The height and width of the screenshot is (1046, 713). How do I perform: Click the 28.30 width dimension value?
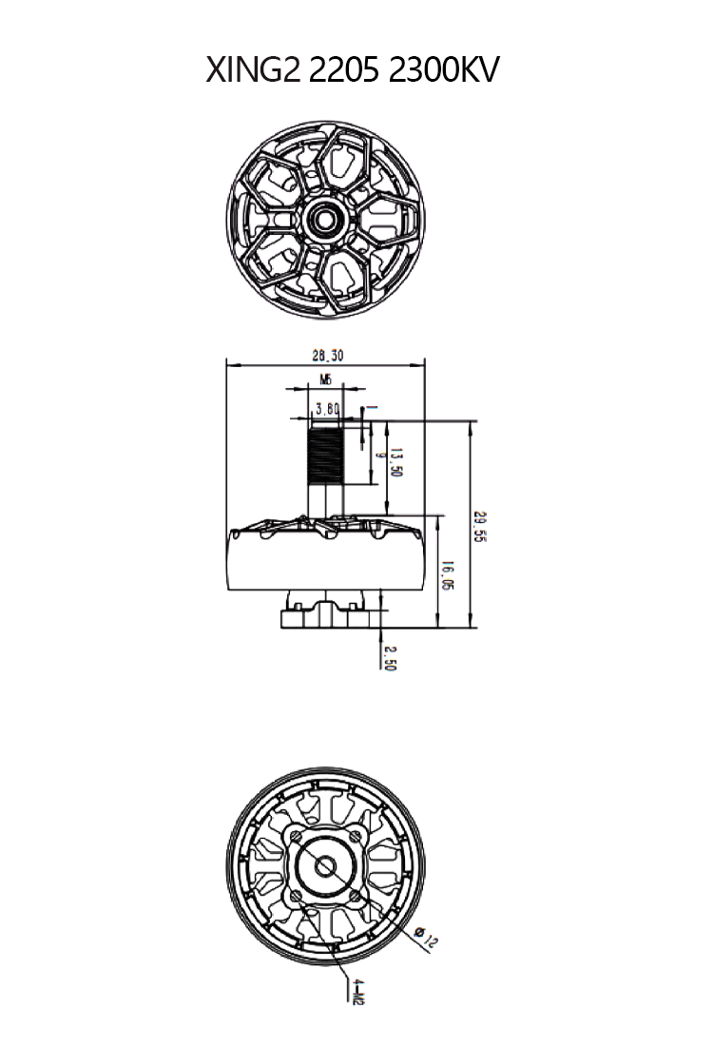(x=326, y=356)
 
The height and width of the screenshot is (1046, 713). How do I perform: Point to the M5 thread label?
(x=325, y=379)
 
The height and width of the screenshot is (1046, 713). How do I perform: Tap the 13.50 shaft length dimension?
(x=396, y=462)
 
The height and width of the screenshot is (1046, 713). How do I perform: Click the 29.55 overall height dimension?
(x=480, y=525)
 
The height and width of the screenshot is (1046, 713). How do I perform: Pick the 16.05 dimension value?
(x=448, y=573)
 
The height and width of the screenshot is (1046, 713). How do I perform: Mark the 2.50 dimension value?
(x=389, y=658)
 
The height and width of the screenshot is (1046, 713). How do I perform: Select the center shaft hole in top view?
(x=325, y=218)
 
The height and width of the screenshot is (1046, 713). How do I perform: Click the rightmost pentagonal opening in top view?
(x=385, y=217)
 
